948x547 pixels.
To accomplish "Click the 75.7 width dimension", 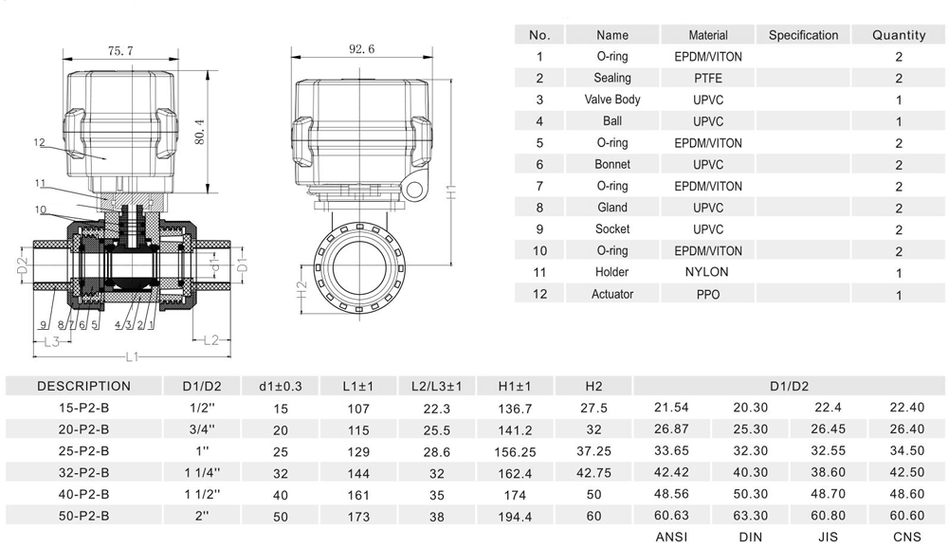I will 120,50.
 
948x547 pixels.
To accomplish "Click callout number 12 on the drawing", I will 39,143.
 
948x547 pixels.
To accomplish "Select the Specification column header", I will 803,35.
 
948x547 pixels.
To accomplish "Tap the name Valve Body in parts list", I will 612,100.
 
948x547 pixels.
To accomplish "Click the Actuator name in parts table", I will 612,294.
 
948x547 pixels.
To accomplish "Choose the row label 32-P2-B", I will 83,472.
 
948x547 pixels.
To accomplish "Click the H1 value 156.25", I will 515,451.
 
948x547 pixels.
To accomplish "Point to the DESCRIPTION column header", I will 83,386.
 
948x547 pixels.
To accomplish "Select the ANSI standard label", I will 671,538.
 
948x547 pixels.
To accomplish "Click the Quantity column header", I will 898,35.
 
